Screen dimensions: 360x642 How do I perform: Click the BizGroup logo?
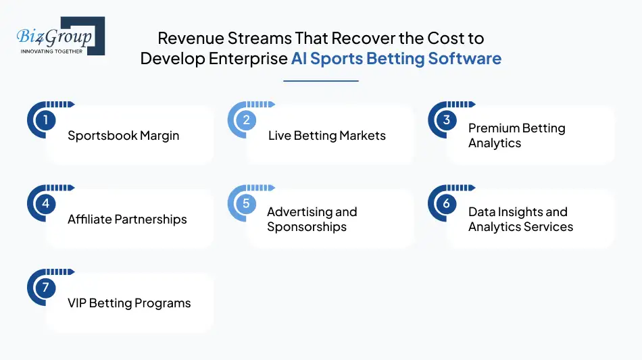60,36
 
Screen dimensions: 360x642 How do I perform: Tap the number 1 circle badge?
45,120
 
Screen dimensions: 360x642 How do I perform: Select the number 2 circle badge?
246,120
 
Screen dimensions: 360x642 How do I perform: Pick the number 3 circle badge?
447,120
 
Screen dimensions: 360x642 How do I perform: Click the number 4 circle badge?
45,204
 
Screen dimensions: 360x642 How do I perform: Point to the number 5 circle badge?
246,204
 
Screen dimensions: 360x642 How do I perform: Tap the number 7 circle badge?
45,288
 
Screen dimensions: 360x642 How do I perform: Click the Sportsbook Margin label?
124,136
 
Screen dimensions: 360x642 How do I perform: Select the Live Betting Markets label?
326,136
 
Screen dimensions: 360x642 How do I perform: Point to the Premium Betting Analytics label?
516,136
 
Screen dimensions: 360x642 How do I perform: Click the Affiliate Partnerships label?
127,220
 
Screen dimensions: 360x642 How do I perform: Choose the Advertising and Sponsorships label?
312,220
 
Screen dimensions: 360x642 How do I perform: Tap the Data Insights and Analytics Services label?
520,220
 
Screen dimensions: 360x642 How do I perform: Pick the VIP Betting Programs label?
129,303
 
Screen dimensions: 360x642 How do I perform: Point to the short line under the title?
320,81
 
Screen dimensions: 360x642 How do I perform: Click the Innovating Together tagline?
51,51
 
